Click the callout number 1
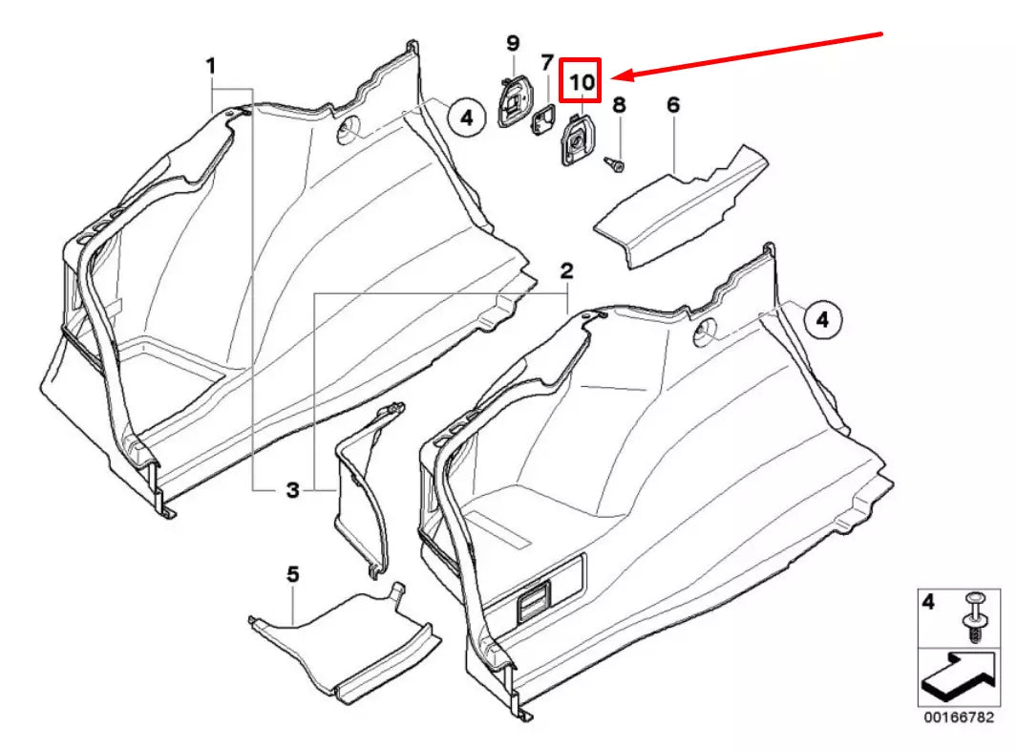[210, 66]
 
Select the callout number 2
[566, 270]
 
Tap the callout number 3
[292, 490]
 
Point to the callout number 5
[293, 574]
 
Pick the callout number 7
[547, 64]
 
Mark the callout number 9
[512, 43]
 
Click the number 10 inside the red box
[582, 82]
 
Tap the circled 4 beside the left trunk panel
[465, 118]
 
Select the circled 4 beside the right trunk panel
[822, 321]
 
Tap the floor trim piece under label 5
[344, 640]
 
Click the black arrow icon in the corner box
[958, 677]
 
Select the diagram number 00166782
[958, 717]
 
